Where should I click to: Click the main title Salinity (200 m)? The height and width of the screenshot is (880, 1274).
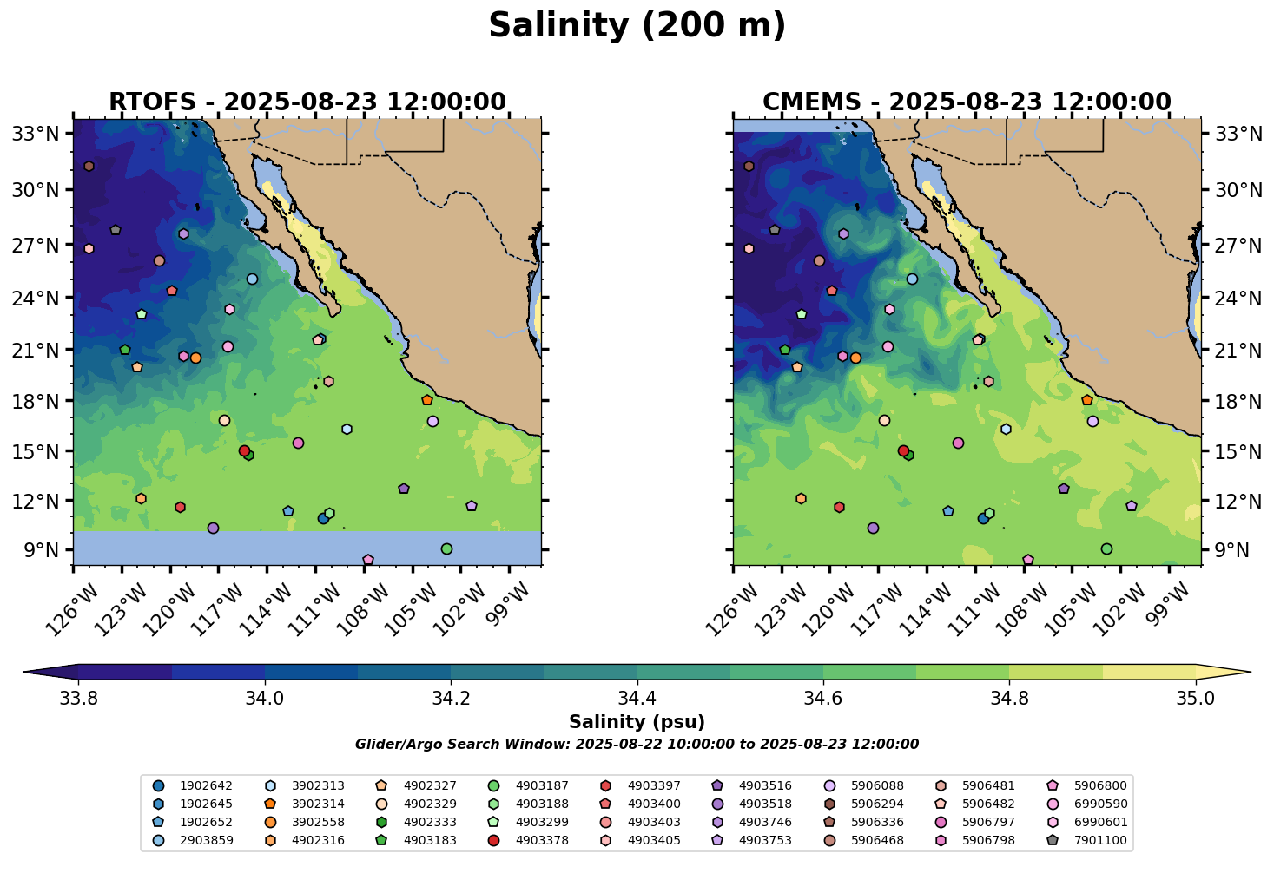(637, 26)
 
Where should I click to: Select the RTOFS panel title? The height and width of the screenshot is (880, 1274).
(307, 102)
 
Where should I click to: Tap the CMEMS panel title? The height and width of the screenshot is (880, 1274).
(967, 102)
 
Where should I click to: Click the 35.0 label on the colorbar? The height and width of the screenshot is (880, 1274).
(1196, 697)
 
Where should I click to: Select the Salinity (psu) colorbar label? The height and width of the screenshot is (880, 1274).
(637, 722)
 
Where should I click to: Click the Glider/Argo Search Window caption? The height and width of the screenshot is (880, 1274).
(637, 745)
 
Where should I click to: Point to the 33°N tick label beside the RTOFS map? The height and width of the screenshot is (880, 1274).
(35, 134)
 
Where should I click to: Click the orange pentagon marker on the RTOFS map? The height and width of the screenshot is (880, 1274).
(426, 400)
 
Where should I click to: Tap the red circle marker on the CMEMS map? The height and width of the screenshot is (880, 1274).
(903, 451)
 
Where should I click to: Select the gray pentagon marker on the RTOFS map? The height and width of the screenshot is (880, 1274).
(116, 230)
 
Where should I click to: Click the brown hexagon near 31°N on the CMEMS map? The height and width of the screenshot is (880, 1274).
(749, 167)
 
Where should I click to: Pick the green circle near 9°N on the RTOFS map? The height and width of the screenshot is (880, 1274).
(446, 548)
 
